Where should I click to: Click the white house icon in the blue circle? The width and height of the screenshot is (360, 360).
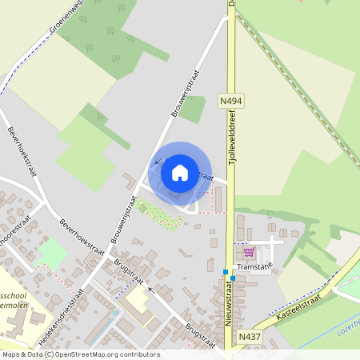(180, 172)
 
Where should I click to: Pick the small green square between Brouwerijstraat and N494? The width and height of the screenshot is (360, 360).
(192, 108)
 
